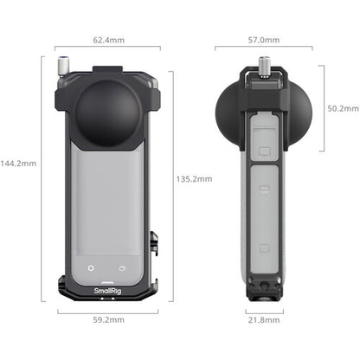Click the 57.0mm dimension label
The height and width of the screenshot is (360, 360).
[263, 40]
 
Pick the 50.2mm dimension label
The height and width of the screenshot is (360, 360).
[341, 108]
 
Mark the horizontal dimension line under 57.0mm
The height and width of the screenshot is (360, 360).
[263, 48]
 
